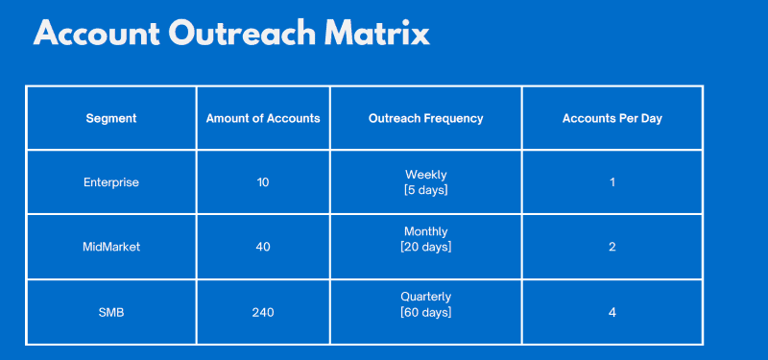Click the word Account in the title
coord(96,34)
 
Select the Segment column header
coord(111,119)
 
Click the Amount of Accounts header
coord(263,119)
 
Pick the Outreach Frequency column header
coord(425,119)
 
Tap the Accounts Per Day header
coord(612,119)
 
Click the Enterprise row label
coord(111,182)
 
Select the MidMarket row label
coord(111,247)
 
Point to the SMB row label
coord(111,312)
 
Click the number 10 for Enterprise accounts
coord(263,182)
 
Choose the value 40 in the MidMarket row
coord(263,247)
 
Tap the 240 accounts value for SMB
coord(263,312)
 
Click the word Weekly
coord(425,175)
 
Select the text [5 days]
coord(425,190)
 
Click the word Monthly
coord(425,231)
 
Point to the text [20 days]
coord(425,247)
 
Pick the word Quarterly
coord(425,297)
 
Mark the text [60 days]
coord(425,312)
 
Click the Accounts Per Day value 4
coord(612,312)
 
